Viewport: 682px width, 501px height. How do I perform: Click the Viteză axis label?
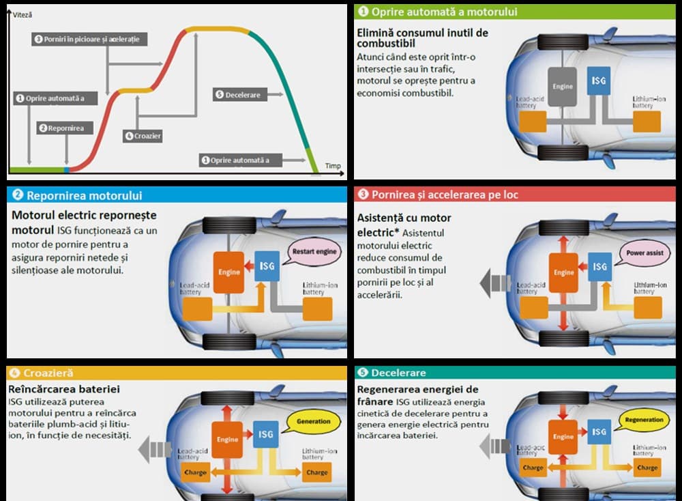click(23, 14)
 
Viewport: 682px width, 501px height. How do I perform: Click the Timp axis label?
click(333, 166)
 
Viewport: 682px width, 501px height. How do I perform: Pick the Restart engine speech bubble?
click(314, 251)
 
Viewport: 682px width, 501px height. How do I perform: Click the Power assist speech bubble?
click(644, 253)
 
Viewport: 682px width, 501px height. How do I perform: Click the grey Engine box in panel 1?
click(563, 87)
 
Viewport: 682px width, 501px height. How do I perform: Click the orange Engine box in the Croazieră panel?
click(228, 440)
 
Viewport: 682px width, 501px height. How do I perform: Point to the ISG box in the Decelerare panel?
click(599, 432)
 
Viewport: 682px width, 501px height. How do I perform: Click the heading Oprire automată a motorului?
click(444, 12)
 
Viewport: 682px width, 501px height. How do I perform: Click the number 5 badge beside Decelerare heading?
click(363, 373)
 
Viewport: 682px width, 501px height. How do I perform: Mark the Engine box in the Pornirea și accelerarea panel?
click(563, 272)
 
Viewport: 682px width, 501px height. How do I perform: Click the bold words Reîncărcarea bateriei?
click(64, 389)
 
